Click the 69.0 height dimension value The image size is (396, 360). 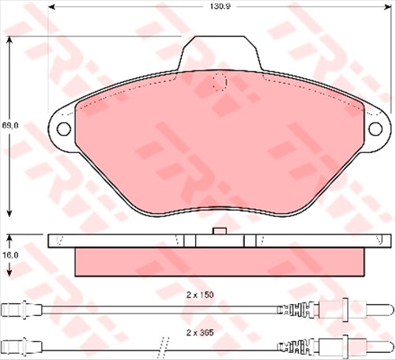tap(9, 126)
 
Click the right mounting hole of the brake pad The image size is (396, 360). tap(375, 127)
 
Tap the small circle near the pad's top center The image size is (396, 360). tap(221, 81)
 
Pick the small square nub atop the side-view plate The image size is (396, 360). tap(221, 231)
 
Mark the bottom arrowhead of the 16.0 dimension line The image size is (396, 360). tap(9, 272)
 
